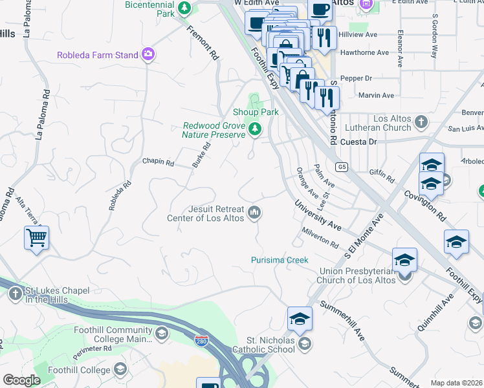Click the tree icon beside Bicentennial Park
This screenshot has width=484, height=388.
point(185,8)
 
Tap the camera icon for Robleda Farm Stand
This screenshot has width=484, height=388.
point(149,55)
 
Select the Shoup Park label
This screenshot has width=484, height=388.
point(256,112)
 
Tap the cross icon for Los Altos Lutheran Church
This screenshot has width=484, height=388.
point(421,122)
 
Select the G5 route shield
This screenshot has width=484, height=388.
point(342,167)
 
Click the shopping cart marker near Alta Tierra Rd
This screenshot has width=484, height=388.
point(37,238)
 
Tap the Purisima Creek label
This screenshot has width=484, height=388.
point(280,260)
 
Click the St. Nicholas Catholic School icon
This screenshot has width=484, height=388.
point(306,344)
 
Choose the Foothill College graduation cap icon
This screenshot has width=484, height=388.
point(120,369)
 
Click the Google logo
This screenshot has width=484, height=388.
point(21,380)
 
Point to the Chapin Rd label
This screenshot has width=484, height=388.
point(159,162)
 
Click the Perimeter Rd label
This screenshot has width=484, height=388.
point(93,348)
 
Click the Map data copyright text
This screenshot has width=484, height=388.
point(456,382)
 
